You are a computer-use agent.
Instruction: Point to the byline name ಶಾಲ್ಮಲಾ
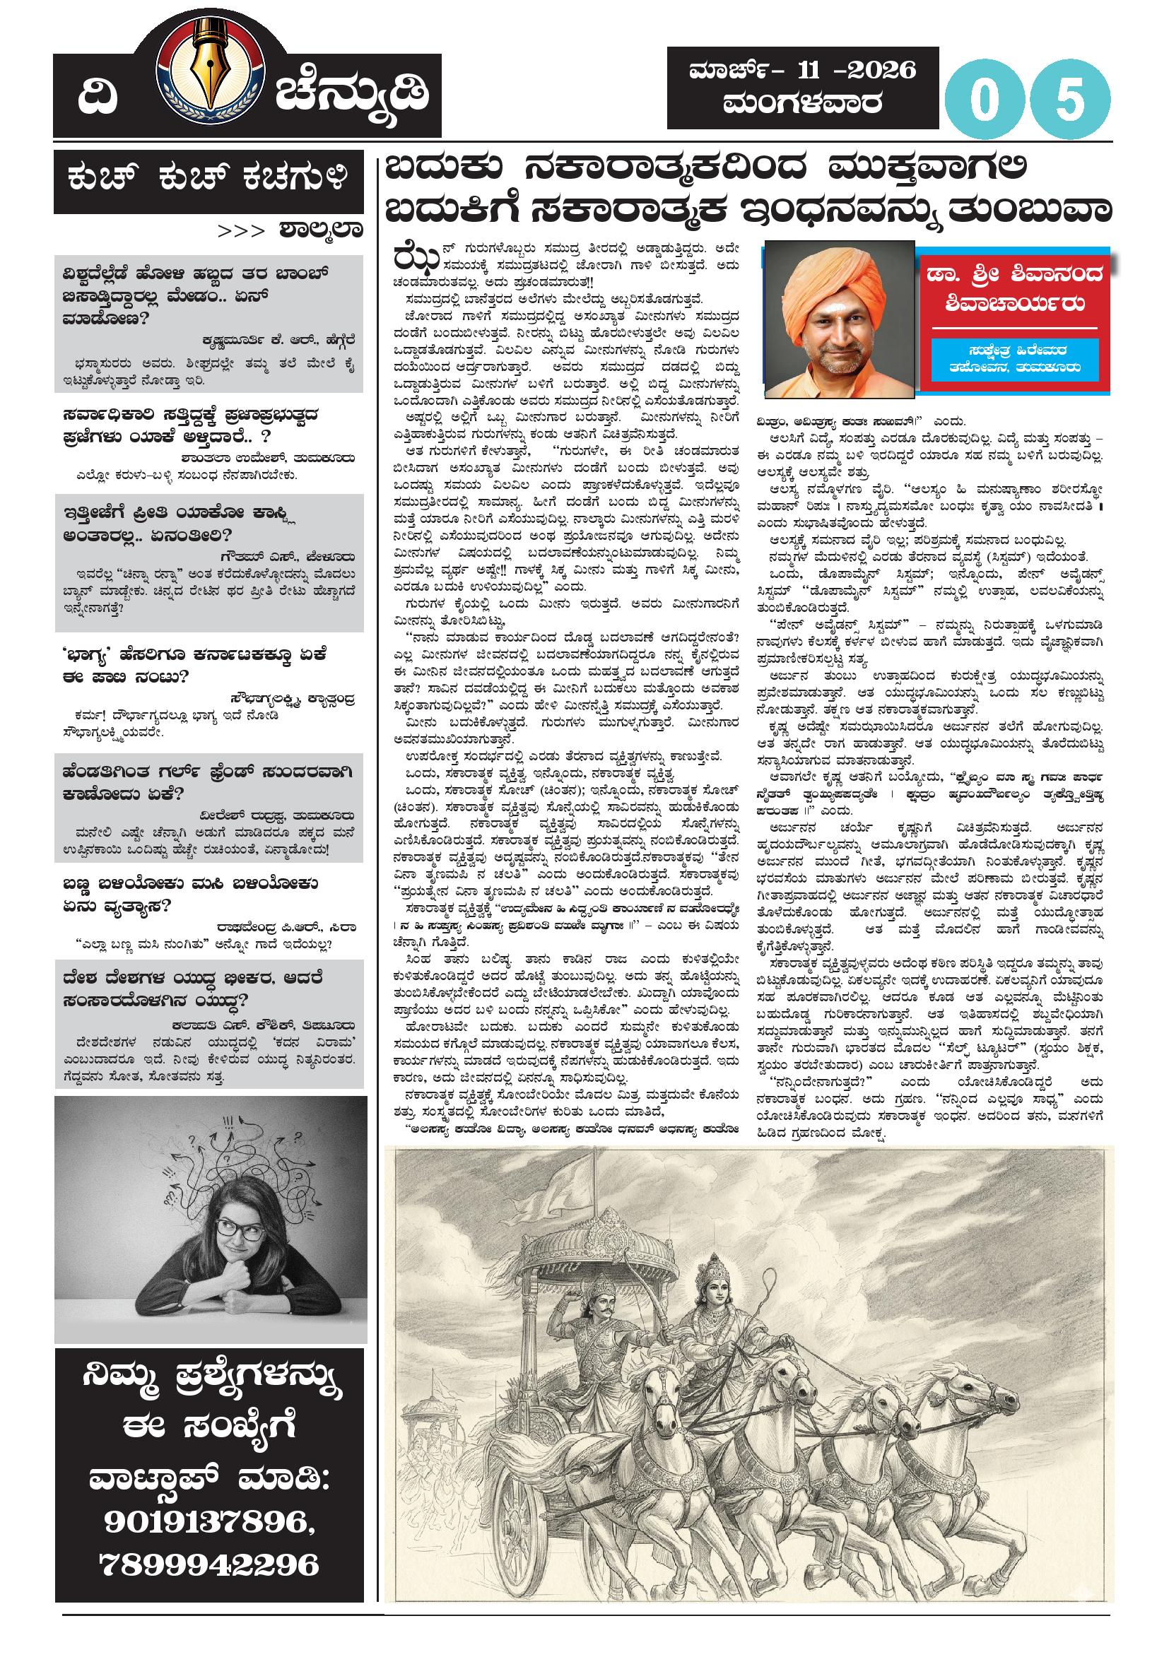[319, 231]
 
